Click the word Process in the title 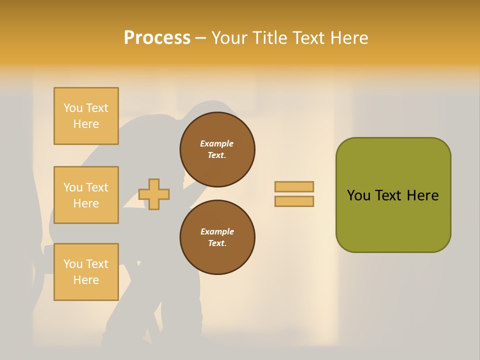(x=157, y=38)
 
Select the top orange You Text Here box (x=86, y=116)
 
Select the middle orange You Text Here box (x=86, y=195)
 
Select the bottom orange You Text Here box (x=86, y=272)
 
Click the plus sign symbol (x=154, y=194)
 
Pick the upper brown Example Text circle (x=217, y=149)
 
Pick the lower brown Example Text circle (x=217, y=237)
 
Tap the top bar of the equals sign (x=294, y=186)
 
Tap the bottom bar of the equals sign (x=294, y=201)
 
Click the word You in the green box (x=358, y=195)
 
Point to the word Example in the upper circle (x=217, y=143)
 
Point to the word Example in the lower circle (x=217, y=231)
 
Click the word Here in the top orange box (x=86, y=124)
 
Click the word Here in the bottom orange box (x=86, y=280)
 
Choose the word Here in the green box (x=422, y=195)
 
